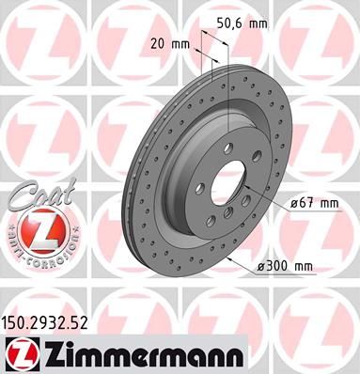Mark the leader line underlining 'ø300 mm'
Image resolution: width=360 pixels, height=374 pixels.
(282, 275)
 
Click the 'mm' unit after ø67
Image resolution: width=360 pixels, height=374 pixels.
(329, 202)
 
